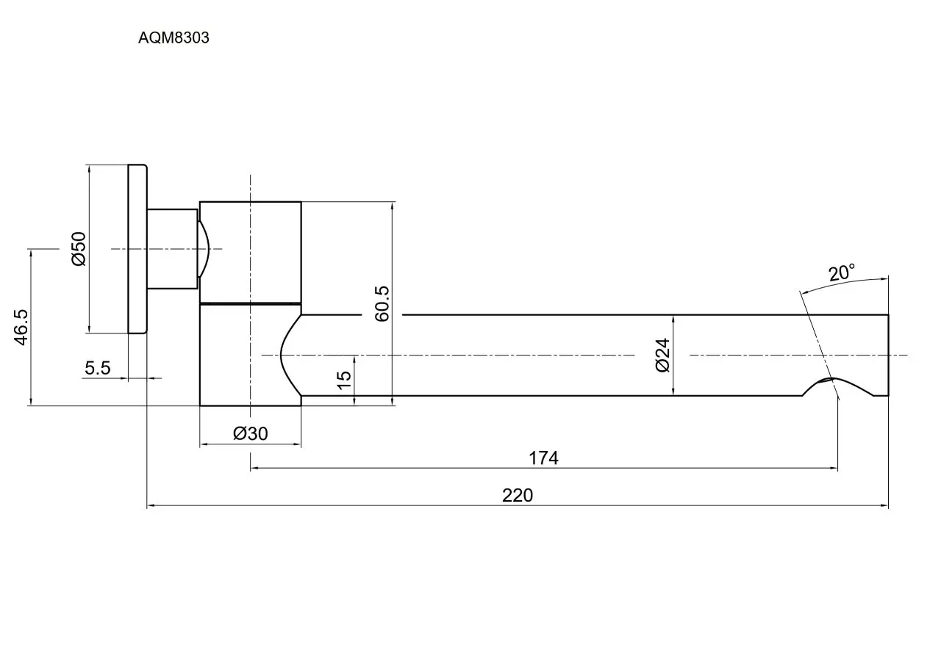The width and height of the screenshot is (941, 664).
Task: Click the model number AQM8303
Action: (x=173, y=37)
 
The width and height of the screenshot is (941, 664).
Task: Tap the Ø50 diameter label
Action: (x=79, y=248)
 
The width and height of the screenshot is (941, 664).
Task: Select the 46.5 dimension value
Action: (x=21, y=328)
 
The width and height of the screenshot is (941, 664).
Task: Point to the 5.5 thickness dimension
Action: (x=98, y=368)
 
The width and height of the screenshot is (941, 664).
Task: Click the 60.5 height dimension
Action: (x=382, y=304)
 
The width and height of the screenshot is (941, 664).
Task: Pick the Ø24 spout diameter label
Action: (x=662, y=355)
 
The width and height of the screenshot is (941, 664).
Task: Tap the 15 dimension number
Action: (x=344, y=380)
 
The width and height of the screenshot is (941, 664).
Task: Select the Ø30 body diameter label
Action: (x=251, y=433)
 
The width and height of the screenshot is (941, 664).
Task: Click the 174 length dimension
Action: (x=543, y=458)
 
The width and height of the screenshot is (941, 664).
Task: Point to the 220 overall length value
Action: (x=518, y=496)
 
